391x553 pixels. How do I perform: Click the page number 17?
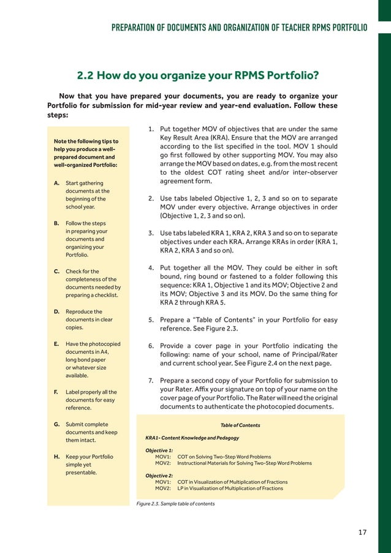pyautogui.click(x=362, y=532)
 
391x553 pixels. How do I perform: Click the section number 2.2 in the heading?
pyautogui.click(x=87, y=76)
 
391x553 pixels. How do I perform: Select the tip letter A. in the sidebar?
pyautogui.click(x=56, y=183)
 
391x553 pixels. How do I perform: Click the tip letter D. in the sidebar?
pyautogui.click(x=56, y=311)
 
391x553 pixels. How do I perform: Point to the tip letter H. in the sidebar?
pyautogui.click(x=56, y=457)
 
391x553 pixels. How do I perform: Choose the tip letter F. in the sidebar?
pyautogui.click(x=56, y=392)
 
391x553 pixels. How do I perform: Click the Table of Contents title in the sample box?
pyautogui.click(x=240, y=425)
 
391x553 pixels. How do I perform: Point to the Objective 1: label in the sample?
pyautogui.click(x=159, y=451)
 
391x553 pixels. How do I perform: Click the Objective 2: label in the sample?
pyautogui.click(x=159, y=476)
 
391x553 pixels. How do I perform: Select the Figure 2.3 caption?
pyautogui.click(x=175, y=504)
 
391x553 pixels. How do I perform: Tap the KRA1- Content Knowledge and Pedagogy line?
pyautogui.click(x=192, y=438)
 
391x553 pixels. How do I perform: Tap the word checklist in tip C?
pyautogui.click(x=104, y=295)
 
